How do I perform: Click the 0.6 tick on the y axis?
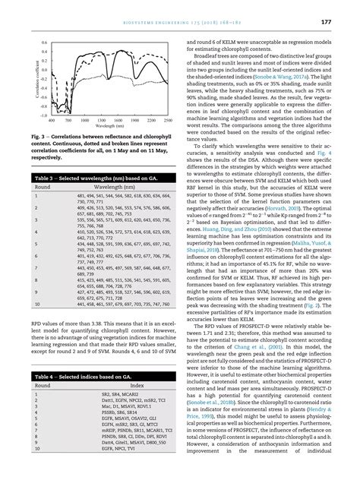pos(44,43)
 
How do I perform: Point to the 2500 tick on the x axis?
pos(167,121)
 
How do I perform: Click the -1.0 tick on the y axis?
pos(43,115)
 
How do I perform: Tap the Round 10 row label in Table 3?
pos(37,325)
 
